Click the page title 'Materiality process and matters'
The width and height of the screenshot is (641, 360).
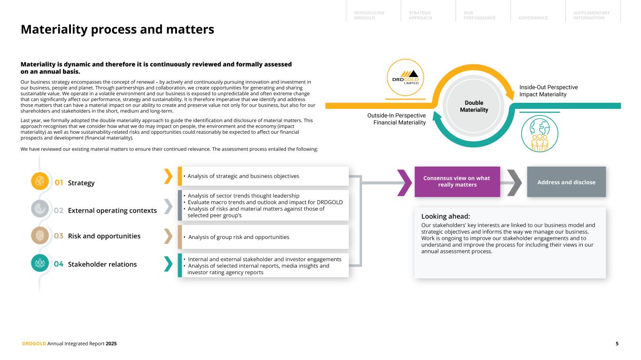pyautogui.click(x=117, y=30)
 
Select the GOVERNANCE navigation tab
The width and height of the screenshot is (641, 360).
pyautogui.click(x=533, y=18)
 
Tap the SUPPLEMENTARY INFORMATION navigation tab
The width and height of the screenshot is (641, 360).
pyautogui.click(x=591, y=15)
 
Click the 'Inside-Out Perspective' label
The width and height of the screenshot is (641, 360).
pyautogui.click(x=548, y=87)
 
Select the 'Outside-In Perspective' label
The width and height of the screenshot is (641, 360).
pyautogui.click(x=396, y=115)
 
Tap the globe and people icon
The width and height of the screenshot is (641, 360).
pyautogui.click(x=540, y=134)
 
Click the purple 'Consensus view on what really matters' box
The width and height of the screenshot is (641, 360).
pyautogui.click(x=457, y=181)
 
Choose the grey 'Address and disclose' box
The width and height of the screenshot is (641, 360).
pyautogui.click(x=566, y=182)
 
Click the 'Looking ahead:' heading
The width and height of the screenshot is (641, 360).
pyautogui.click(x=446, y=216)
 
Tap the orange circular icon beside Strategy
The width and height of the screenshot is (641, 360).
pyautogui.click(x=40, y=182)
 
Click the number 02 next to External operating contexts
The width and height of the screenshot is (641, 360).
pyautogui.click(x=58, y=211)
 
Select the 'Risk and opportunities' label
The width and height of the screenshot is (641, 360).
pyautogui.click(x=104, y=236)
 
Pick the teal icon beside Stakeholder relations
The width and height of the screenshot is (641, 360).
pyautogui.click(x=40, y=263)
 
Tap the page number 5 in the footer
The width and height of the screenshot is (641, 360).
pyautogui.click(x=617, y=344)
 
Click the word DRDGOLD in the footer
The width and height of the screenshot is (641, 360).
pyautogui.click(x=34, y=344)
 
